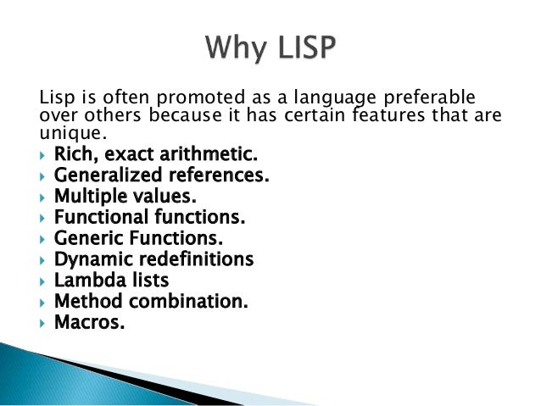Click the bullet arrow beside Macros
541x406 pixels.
43,322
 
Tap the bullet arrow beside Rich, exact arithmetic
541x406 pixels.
43,156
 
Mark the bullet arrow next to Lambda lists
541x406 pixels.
43,281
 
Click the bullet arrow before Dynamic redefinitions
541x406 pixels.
43,259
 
